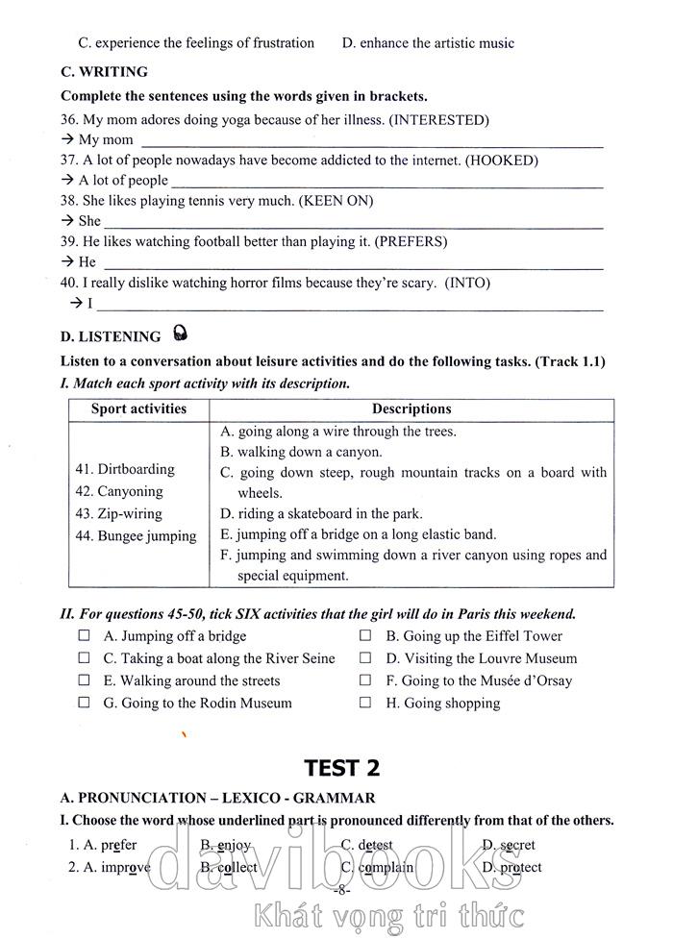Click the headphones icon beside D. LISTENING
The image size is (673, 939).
pos(180,334)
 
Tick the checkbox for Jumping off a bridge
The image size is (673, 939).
pos(85,635)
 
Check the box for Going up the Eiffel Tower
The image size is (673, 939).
pos(366,635)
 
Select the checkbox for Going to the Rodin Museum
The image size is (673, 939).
pos(85,703)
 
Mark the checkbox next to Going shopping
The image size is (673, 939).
pos(366,703)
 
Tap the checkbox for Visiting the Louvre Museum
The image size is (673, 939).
pos(366,658)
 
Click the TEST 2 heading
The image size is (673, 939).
pos(341,767)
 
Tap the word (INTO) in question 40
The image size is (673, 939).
pos(467,283)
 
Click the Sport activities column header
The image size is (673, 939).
pos(138,408)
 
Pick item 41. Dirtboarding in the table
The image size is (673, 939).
pos(125,469)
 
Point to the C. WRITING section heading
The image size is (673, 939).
pos(104,71)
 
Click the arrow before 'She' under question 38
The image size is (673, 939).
pos(66,221)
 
